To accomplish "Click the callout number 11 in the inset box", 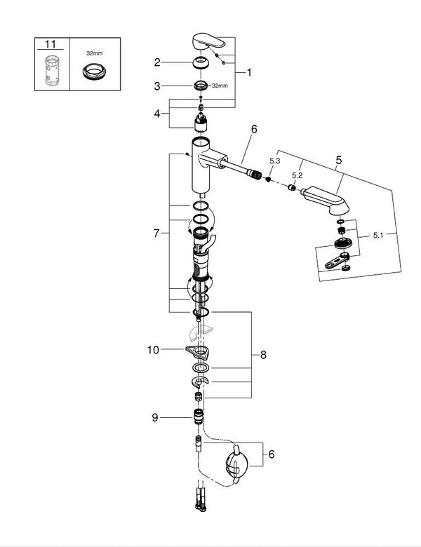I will point(50,43).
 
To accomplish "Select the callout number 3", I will point(159,86).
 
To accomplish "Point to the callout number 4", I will point(159,112).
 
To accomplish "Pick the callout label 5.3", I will point(275,161).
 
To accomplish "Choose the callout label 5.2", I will point(297,175).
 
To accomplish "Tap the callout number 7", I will point(159,232).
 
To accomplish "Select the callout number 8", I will point(263,356).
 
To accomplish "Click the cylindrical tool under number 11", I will point(50,68).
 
